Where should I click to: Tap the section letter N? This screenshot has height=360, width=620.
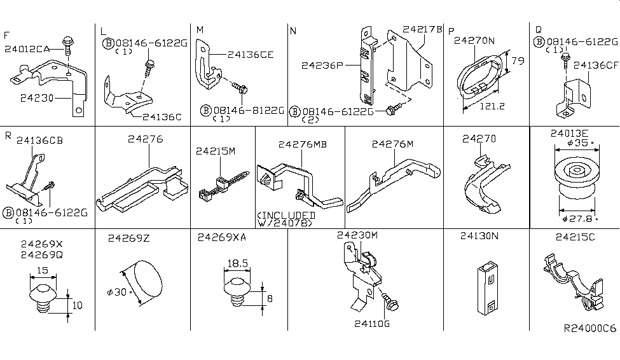click(293, 31)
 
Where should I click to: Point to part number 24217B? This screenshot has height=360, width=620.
click(422, 29)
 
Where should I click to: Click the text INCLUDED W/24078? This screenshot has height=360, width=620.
click(286, 219)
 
